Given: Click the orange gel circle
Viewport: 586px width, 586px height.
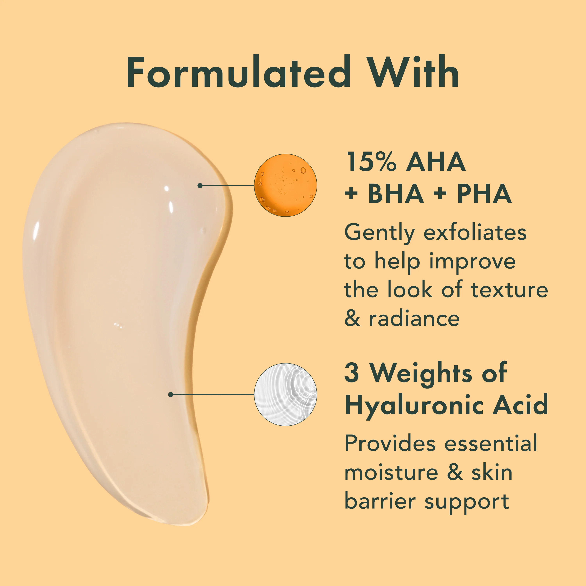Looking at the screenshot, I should click(x=285, y=185).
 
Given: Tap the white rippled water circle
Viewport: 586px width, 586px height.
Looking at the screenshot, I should click(x=285, y=394).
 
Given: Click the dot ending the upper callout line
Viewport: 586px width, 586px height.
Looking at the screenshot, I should click(x=200, y=185).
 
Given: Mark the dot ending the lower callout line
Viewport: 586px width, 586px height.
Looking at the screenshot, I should click(x=171, y=394).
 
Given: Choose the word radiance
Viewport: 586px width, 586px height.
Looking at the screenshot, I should click(x=414, y=319).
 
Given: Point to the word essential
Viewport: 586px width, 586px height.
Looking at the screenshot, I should click(x=491, y=443).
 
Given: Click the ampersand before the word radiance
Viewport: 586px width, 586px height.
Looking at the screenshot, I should click(x=352, y=319).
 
